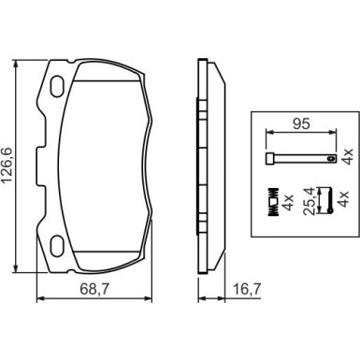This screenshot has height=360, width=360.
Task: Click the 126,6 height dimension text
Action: (7, 167)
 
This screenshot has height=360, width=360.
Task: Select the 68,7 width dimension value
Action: (94, 290)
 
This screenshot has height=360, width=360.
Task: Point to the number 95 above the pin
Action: (301, 123)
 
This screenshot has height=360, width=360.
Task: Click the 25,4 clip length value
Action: (310, 201)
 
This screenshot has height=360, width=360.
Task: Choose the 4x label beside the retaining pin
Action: (347, 156)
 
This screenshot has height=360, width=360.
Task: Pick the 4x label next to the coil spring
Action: (287, 202)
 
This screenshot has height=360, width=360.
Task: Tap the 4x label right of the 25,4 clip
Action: (342, 199)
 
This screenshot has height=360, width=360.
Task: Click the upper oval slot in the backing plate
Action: (58, 86)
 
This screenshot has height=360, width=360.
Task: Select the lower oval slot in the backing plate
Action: (58, 246)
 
